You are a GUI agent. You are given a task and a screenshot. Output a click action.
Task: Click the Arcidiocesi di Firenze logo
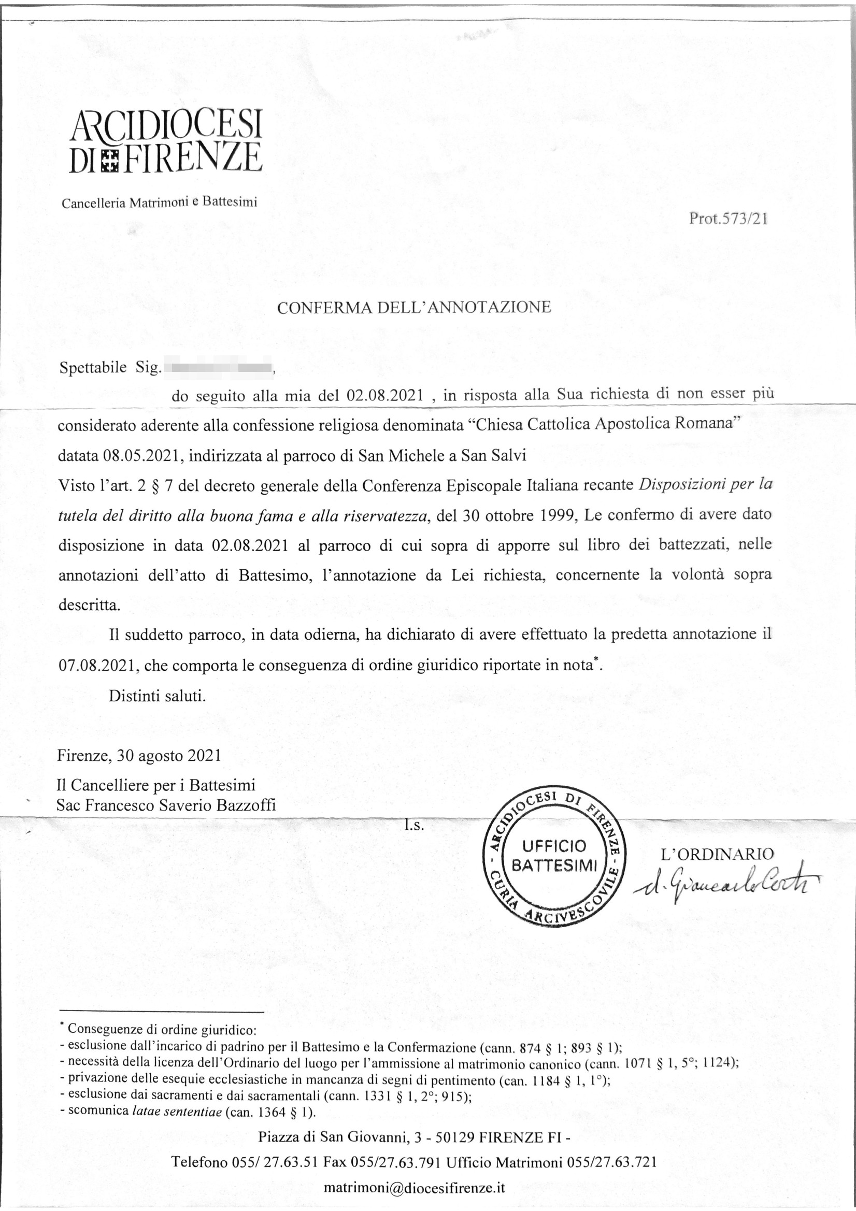[166, 142]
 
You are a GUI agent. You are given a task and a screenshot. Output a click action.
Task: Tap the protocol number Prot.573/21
[728, 219]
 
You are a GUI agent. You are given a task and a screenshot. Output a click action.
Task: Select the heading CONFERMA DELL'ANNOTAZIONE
[415, 307]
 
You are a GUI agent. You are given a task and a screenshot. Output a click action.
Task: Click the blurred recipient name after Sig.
[218, 367]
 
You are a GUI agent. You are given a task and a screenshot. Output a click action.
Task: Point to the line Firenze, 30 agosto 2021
[139, 755]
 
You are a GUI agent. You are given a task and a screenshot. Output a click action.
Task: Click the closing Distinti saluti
[156, 696]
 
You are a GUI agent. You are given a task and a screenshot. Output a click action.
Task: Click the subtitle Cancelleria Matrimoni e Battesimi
[160, 203]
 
